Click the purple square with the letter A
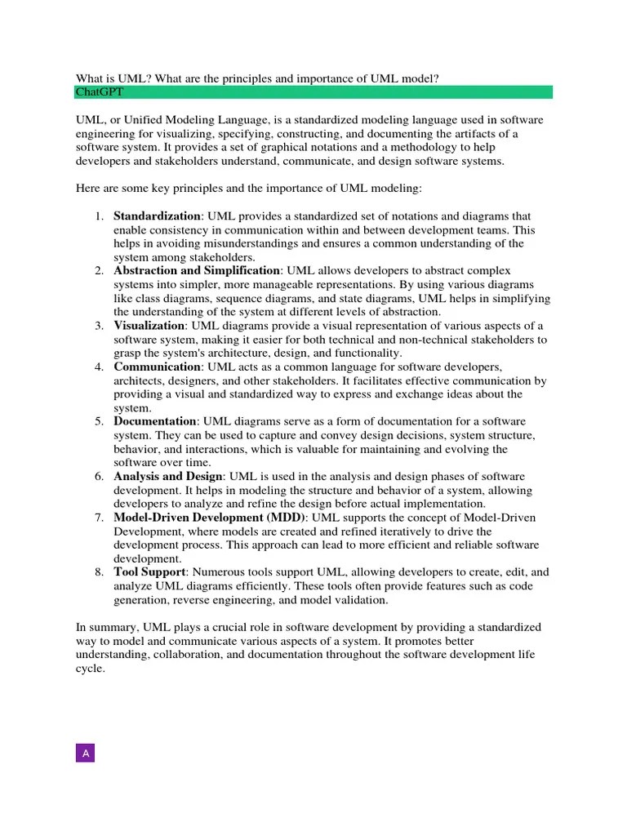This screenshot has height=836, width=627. coord(86,753)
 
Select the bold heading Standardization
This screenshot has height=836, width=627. coord(157,216)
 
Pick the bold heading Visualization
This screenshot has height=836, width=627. coord(149,326)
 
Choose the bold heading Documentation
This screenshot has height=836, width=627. coord(155,421)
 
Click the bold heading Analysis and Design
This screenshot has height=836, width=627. coord(167,476)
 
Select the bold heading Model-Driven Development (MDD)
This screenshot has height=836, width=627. coord(210,518)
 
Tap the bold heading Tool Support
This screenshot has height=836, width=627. coord(149,572)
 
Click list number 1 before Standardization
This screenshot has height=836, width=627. coord(98,216)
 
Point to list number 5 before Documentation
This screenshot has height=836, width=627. coord(98,421)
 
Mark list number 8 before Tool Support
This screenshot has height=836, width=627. coord(98,572)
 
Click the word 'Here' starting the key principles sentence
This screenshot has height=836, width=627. coord(88,189)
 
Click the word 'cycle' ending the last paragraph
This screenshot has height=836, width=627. coord(90,668)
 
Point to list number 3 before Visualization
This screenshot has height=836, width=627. coord(98,326)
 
